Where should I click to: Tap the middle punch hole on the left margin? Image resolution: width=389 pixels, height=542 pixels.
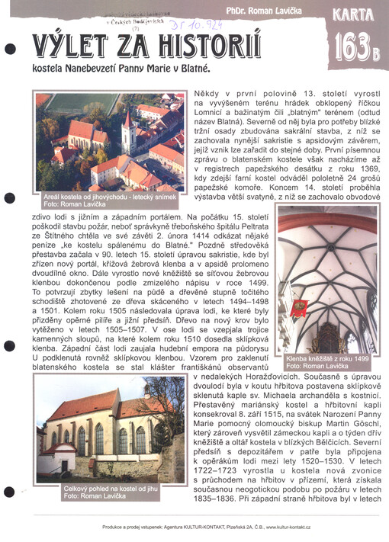(10, 274)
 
